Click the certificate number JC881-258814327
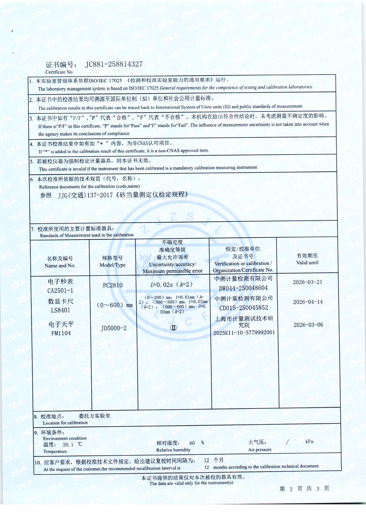tap(114, 64)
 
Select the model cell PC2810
tap(113, 285)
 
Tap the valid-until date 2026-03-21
tap(307, 282)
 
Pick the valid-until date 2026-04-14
tap(308, 302)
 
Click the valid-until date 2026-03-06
tap(308, 325)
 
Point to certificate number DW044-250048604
tap(243, 288)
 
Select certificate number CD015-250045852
tap(244, 308)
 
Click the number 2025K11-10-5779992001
tap(244, 332)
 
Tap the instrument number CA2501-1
tap(60, 290)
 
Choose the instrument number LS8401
tap(61, 310)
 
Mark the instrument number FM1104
tap(61, 333)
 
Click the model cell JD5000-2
tap(114, 328)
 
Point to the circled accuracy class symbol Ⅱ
tap(174, 328)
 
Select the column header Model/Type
tap(112, 265)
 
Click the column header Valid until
tap(307, 262)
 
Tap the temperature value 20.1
tap(68, 445)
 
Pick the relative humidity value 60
tap(192, 443)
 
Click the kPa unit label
tap(309, 441)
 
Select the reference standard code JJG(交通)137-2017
tap(85, 195)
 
